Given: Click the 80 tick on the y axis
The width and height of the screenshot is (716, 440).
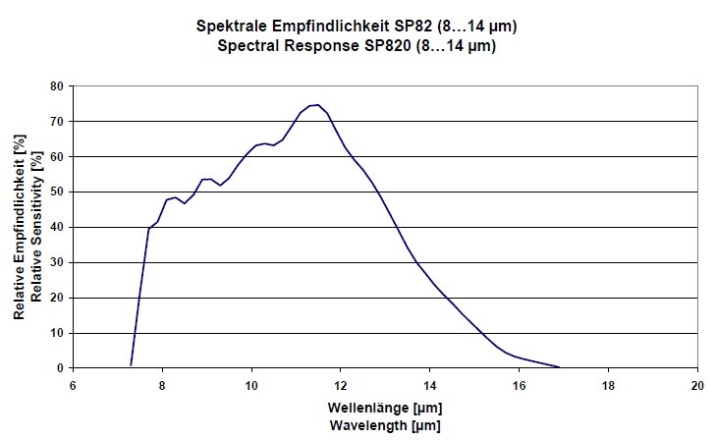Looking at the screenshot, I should pyautogui.click(x=58, y=86).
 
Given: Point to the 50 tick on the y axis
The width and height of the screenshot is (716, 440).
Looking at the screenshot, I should pyautogui.click(x=58, y=192).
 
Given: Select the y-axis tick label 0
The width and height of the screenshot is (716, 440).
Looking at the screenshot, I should pyautogui.click(x=61, y=368).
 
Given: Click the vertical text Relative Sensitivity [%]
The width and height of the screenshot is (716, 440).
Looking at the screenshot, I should pyautogui.click(x=36, y=227).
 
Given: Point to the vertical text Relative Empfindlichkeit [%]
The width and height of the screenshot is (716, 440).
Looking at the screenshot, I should pyautogui.click(x=20, y=227).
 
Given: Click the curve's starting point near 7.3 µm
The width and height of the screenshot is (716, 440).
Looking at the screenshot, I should pyautogui.click(x=131, y=365).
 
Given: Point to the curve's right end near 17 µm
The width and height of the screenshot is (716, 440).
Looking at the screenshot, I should pyautogui.click(x=559, y=367).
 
